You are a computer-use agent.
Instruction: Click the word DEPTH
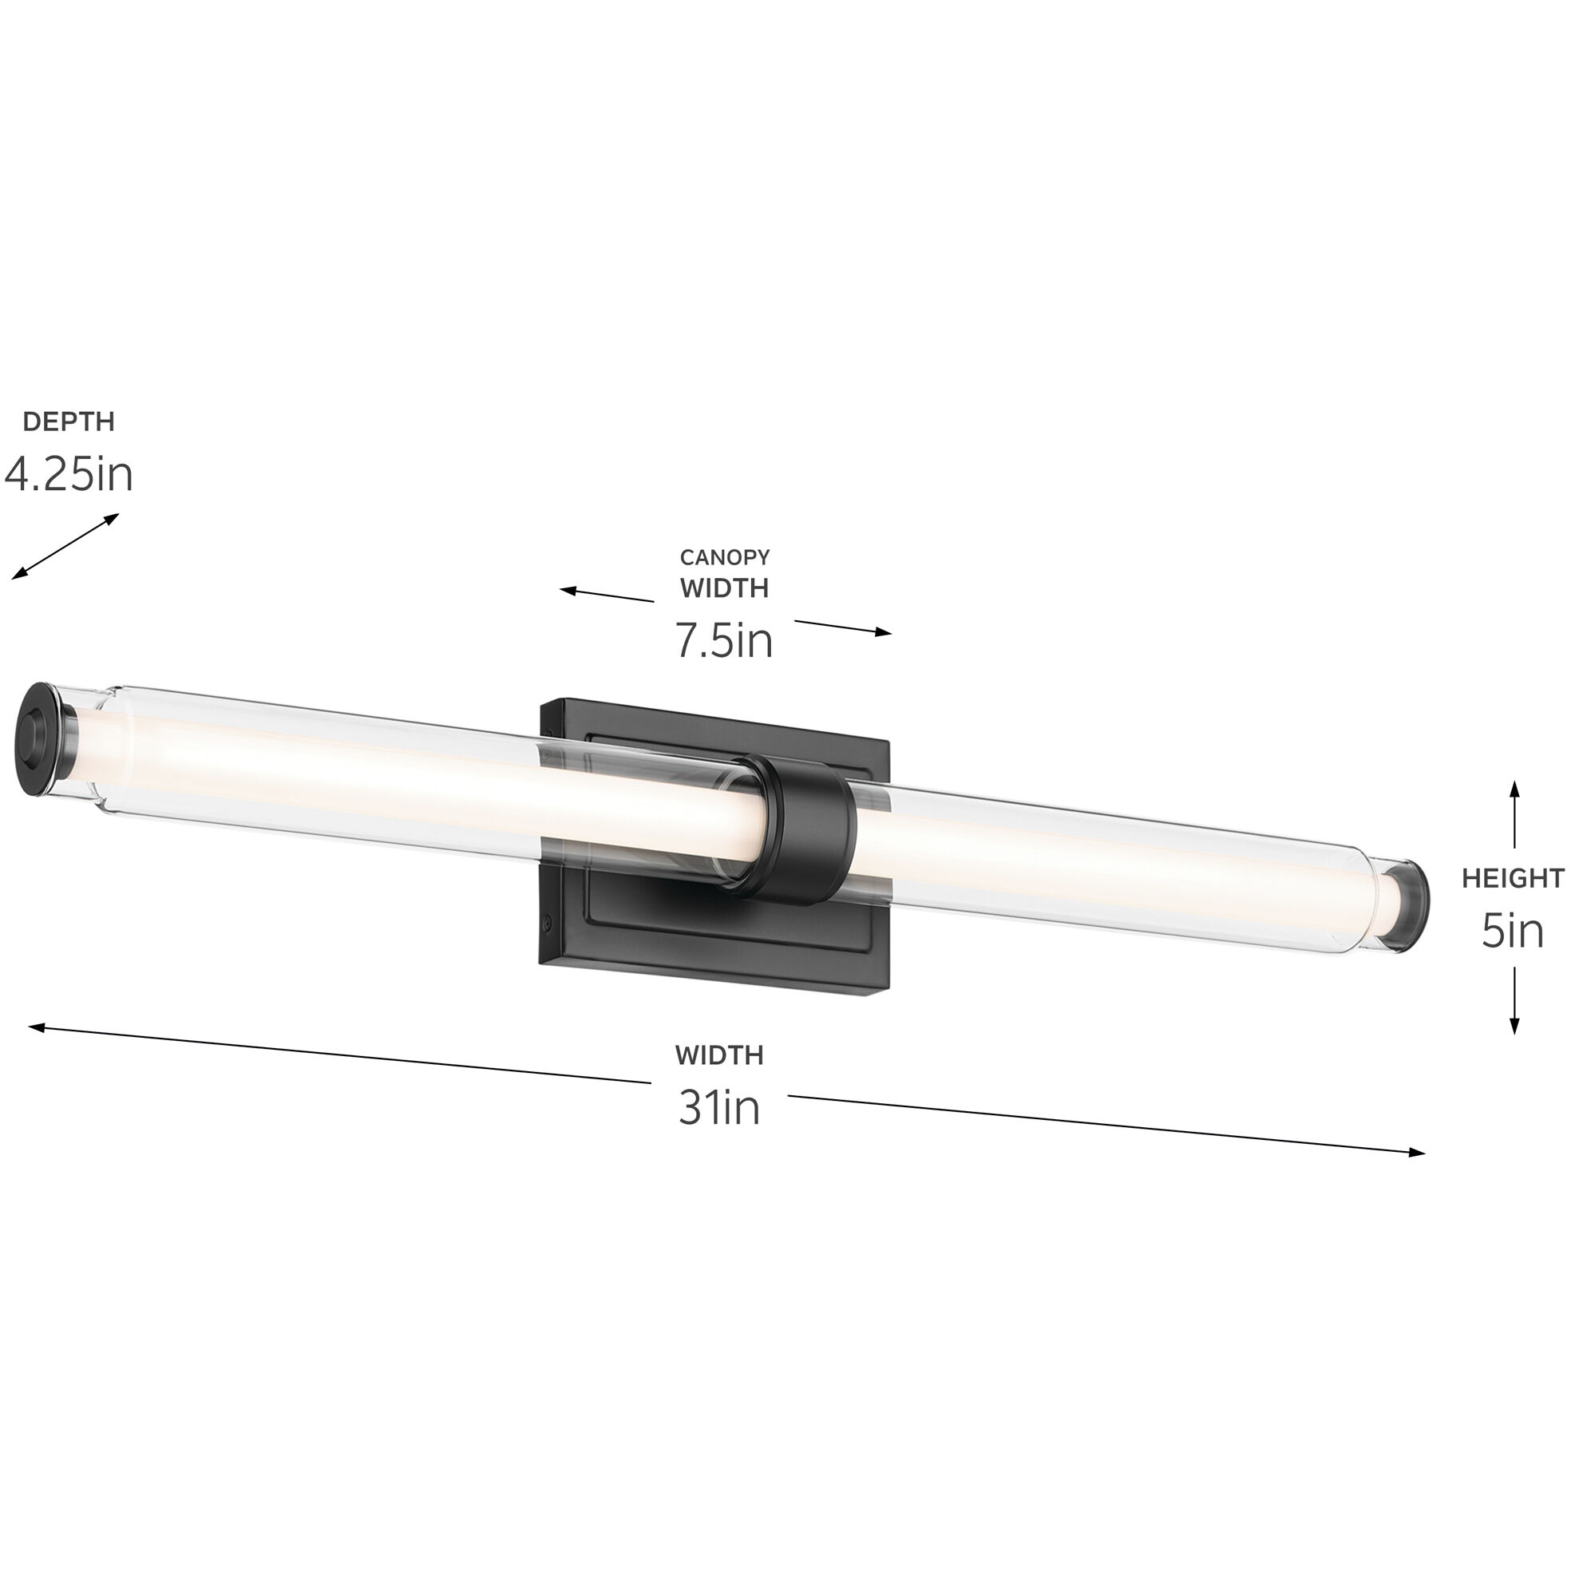pos(69,421)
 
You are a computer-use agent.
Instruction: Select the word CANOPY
pos(725,557)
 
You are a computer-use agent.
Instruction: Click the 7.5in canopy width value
pos(724,640)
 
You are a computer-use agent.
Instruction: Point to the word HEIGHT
pos(1513,878)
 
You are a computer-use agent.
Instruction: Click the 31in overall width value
pos(718,1106)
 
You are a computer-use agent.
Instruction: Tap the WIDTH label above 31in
pos(718,1055)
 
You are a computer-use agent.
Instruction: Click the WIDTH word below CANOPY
pos(725,588)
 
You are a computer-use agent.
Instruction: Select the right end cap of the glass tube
pos(1410,904)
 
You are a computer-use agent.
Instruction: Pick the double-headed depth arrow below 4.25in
pos(65,547)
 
